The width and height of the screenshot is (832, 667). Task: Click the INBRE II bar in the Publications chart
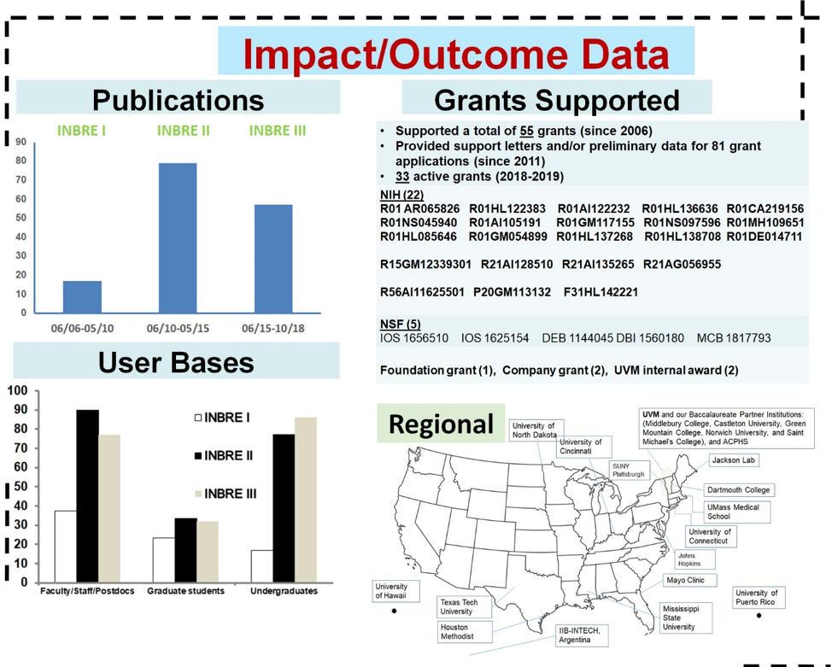click(178, 237)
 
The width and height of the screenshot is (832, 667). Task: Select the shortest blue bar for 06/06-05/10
click(82, 296)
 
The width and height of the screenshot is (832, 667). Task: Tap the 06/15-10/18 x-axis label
click(273, 329)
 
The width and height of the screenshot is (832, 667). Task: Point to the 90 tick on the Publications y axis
click(21, 142)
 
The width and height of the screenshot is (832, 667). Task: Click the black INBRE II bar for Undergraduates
click(284, 508)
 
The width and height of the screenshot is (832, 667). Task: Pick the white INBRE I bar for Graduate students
click(163, 559)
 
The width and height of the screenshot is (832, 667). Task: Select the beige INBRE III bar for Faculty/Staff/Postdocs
click(109, 508)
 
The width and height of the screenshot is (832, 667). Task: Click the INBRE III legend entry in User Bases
click(226, 494)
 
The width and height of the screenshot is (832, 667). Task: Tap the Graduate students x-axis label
click(185, 591)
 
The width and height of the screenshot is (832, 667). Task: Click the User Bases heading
click(176, 362)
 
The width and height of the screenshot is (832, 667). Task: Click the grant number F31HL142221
click(601, 292)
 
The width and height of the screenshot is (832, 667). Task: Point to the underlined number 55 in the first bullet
click(526, 131)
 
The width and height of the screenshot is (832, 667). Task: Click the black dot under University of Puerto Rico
click(759, 616)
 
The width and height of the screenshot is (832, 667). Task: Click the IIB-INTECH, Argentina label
click(581, 635)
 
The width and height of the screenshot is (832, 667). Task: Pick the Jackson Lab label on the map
click(733, 460)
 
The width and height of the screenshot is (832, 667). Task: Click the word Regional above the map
click(441, 424)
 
